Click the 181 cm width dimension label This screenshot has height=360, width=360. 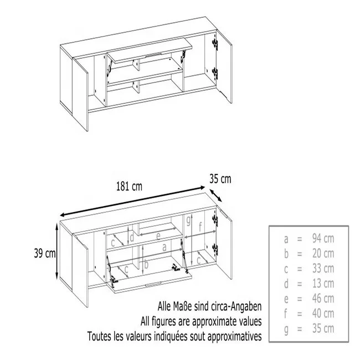pos(129,186)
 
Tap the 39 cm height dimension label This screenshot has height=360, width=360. pos(45,253)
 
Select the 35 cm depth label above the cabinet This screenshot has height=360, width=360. pos(220,179)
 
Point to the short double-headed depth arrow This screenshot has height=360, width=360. pos(216,196)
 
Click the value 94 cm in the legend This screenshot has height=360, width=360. pos(323,239)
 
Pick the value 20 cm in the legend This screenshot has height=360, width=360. pos(323,254)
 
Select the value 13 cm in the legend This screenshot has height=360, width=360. pos(323,284)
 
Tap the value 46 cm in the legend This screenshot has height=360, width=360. pos(323,299)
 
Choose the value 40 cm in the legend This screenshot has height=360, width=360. pos(323,313)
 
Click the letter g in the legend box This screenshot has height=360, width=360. pos(286,330)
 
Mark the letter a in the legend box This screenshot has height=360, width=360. pos(286,239)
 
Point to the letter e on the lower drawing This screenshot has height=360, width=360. pos(158,236)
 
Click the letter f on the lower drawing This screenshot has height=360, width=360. pos(200,227)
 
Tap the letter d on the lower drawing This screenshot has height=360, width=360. pos(132,238)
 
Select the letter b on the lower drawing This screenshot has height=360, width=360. pos(146,265)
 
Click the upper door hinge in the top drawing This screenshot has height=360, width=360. pos(215,44)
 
